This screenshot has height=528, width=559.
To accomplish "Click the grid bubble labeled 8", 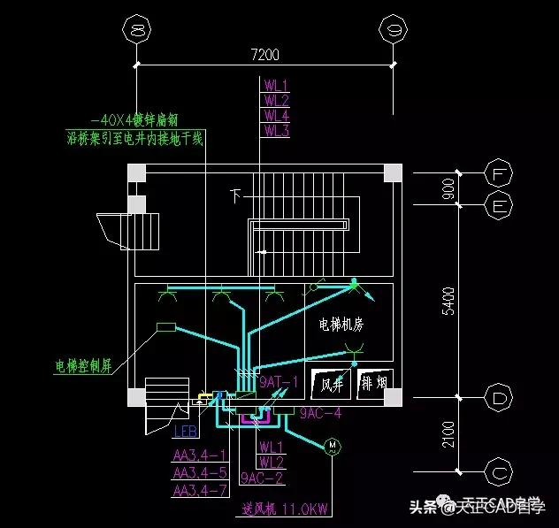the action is (x=137, y=32).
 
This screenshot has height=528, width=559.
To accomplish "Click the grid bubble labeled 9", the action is (x=391, y=32).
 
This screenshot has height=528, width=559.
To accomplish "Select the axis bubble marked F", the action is (x=501, y=174).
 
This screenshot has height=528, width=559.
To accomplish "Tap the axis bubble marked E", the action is (x=501, y=205).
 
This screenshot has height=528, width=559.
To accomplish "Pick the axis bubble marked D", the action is (x=501, y=400).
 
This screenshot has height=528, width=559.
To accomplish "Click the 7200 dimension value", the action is (x=264, y=55).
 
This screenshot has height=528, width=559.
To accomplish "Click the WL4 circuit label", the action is (x=276, y=116).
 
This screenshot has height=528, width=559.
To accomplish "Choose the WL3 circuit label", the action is (x=276, y=131).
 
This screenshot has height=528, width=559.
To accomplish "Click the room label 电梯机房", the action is (x=341, y=325).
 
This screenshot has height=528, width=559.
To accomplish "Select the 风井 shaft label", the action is (x=332, y=385).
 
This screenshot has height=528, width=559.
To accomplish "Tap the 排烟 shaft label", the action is (x=374, y=384).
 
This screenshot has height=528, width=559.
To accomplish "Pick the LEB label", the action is (x=185, y=432).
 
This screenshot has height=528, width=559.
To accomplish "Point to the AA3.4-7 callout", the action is (x=200, y=489).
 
